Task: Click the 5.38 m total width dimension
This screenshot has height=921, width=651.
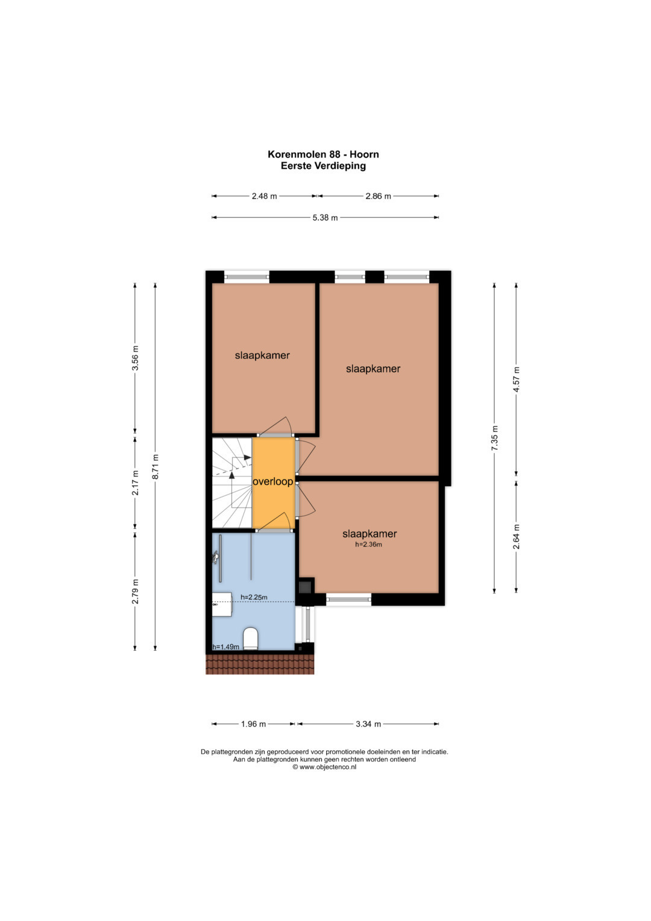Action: pos(325,218)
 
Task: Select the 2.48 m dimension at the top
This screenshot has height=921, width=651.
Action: pos(264,196)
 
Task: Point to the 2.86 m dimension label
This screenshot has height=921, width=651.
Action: pos(378,196)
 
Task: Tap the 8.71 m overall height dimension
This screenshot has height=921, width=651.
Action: pos(155,467)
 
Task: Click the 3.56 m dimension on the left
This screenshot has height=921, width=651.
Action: pos(135,358)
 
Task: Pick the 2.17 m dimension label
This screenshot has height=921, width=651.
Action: pos(135,483)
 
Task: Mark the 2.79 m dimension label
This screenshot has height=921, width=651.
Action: pos(135,591)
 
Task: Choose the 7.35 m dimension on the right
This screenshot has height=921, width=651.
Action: pos(494,438)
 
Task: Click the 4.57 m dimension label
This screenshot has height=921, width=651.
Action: pos(516,379)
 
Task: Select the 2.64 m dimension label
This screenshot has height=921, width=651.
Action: pos(516,537)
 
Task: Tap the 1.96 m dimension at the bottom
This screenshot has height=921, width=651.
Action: pos(253,724)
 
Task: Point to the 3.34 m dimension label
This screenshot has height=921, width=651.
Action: pos(368,724)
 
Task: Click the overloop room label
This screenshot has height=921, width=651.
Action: pos(273,481)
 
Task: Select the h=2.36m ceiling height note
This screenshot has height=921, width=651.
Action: pos(369,545)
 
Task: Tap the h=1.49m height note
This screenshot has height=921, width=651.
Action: pos(225,647)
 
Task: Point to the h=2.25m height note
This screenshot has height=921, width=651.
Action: pos(254,597)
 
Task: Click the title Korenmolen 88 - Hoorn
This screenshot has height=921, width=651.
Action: pos(324,154)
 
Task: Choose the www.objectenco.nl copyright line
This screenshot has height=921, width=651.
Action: pos(324,767)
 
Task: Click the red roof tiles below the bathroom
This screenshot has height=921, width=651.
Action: pos(260,664)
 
